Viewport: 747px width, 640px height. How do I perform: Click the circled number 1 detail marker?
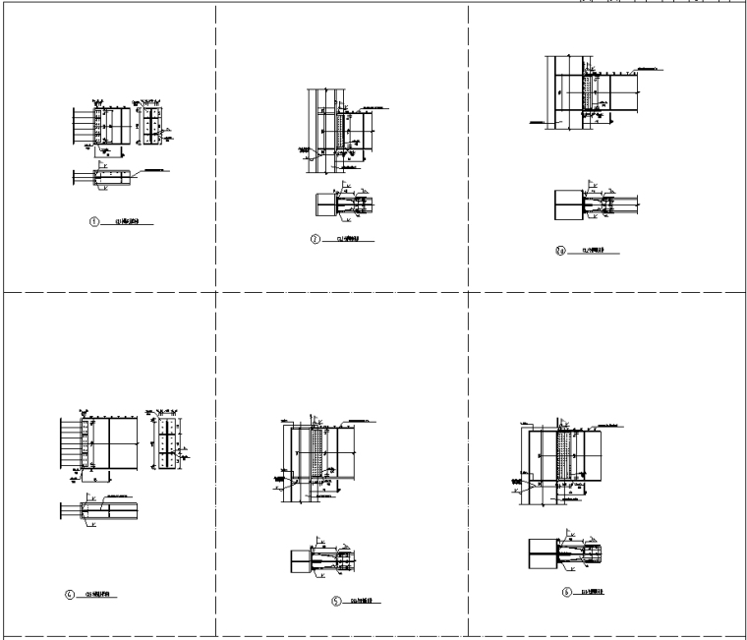[x=94, y=222]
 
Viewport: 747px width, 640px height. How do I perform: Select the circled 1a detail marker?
[x=561, y=251]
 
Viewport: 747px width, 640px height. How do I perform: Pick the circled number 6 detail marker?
[x=567, y=592]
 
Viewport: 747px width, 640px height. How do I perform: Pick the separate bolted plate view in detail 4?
[x=169, y=442]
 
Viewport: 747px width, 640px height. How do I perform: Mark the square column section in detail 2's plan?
[x=325, y=204]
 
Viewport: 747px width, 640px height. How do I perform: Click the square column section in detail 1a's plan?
[x=567, y=204]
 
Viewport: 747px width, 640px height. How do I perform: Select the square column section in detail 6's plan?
[x=544, y=552]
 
